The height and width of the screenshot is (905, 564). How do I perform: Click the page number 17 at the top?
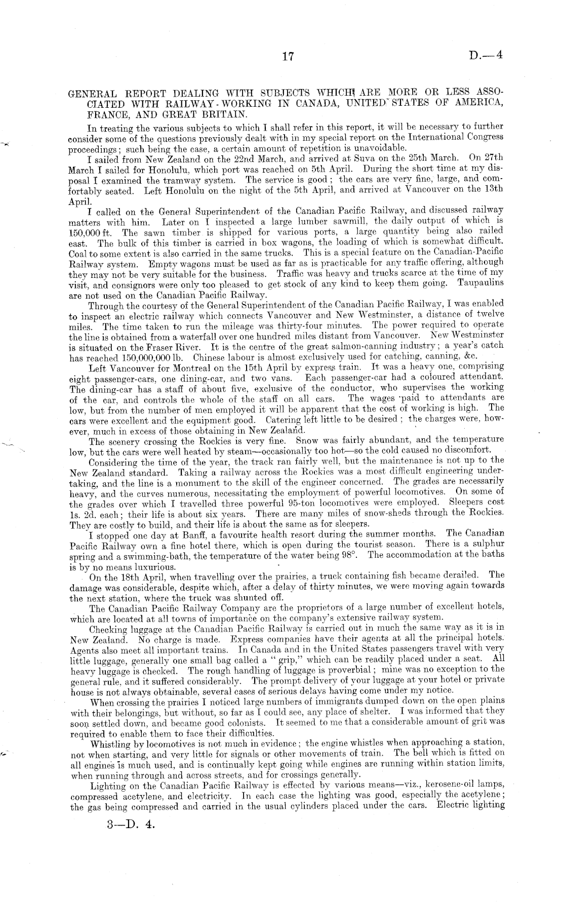[x=287, y=56]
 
